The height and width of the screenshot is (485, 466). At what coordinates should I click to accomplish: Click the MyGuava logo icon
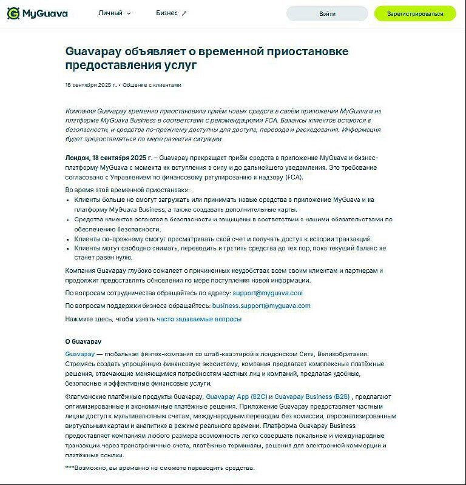pyautogui.click(x=13, y=13)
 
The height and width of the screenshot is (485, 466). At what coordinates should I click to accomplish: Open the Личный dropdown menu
pyautogui.click(x=114, y=13)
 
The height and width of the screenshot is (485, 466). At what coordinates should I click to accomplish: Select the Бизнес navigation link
pyautogui.click(x=171, y=13)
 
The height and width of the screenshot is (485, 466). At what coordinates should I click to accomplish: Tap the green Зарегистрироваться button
pyautogui.click(x=415, y=13)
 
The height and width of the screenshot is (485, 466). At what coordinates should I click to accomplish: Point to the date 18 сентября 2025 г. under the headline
pyautogui.click(x=90, y=85)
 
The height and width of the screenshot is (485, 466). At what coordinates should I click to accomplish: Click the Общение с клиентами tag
pyautogui.click(x=152, y=85)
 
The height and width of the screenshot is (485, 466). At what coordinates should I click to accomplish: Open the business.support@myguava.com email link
pyautogui.click(x=262, y=306)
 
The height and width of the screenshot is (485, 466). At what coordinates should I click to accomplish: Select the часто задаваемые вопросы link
pyautogui.click(x=199, y=319)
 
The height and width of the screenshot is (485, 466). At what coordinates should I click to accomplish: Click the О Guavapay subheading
pyautogui.click(x=83, y=341)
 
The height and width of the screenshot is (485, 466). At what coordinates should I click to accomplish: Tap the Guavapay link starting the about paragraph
pyautogui.click(x=79, y=354)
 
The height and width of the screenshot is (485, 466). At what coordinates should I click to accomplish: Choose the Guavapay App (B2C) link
pyautogui.click(x=232, y=396)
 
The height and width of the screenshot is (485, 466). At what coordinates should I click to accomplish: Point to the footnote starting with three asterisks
pyautogui.click(x=160, y=467)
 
